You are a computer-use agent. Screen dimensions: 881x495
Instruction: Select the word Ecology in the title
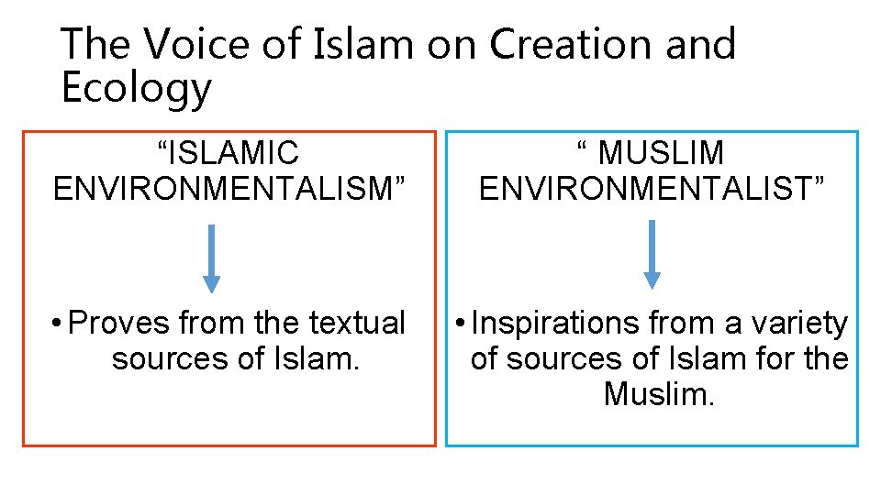[136, 89]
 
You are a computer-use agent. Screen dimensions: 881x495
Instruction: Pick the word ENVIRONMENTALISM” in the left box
[229, 189]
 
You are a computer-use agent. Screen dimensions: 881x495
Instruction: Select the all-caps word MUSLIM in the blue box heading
[661, 153]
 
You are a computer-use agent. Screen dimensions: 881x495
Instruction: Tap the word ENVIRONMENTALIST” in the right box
[652, 189]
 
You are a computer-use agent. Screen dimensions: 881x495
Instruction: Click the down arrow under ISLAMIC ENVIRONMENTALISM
[212, 258]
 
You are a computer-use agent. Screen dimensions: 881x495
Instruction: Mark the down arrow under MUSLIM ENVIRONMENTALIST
[652, 254]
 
